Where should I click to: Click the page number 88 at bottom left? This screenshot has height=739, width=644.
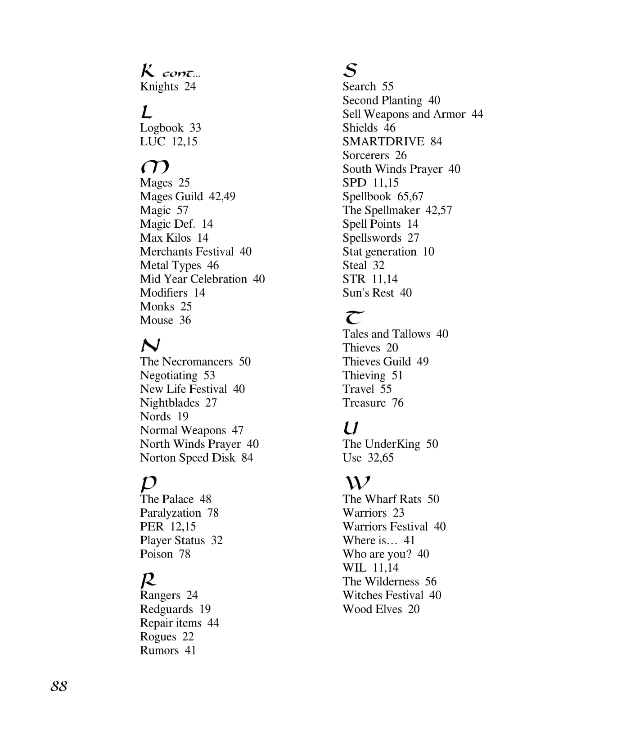[59, 686]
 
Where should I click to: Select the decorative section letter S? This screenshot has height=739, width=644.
[350, 70]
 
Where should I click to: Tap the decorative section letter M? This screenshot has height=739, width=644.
[154, 167]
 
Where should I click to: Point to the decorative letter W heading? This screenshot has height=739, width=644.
[357, 483]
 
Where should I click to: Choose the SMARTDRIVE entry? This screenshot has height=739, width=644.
[383, 141]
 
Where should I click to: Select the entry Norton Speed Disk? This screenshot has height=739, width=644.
[187, 458]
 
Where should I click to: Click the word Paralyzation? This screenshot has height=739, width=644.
[170, 513]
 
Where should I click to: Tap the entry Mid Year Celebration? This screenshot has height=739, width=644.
[193, 279]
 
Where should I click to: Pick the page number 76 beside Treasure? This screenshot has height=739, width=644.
[398, 403]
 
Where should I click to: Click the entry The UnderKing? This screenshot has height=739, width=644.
[381, 444]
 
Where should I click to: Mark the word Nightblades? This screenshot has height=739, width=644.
[169, 403]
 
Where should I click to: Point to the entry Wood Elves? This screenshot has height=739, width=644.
[372, 609]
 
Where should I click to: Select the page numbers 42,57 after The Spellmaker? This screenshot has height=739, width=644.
[439, 210]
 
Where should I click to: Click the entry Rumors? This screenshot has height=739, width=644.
[159, 650]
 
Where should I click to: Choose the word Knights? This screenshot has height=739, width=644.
[159, 86]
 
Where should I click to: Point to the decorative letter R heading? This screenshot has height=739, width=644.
[148, 579]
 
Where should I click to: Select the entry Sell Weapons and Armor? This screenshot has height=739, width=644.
[404, 114]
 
